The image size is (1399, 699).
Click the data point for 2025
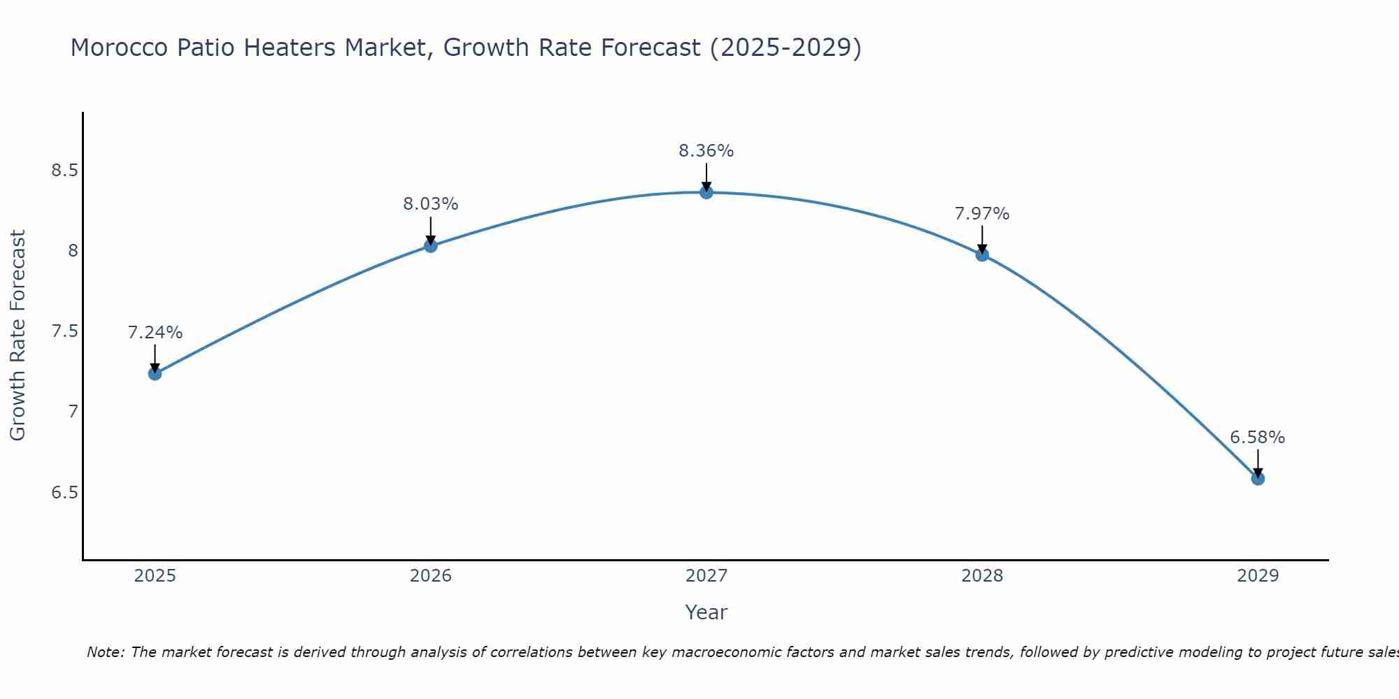coord(155,373)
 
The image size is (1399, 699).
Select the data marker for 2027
coord(706,192)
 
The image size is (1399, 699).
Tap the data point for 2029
coord(1258,478)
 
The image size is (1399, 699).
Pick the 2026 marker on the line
coord(431,245)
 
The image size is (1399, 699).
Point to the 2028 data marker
coord(982,254)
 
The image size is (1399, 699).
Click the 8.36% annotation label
coord(706,151)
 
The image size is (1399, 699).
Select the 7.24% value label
coord(155,333)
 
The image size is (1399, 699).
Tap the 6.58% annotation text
coord(1258,438)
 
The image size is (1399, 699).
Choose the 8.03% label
coord(431,204)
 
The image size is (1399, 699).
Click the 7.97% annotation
coord(982,214)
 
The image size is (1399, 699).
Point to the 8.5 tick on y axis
coord(64,171)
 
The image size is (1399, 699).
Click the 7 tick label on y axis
coord(73,412)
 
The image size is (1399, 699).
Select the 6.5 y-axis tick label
coord(64,493)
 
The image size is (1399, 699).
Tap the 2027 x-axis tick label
coord(706,576)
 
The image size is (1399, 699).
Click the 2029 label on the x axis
coord(1258,576)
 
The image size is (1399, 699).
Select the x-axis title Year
coord(706,612)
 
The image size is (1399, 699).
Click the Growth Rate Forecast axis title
coord(18,336)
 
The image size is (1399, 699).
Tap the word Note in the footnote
coord(105,652)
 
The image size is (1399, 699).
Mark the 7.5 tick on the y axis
coord(64,331)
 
